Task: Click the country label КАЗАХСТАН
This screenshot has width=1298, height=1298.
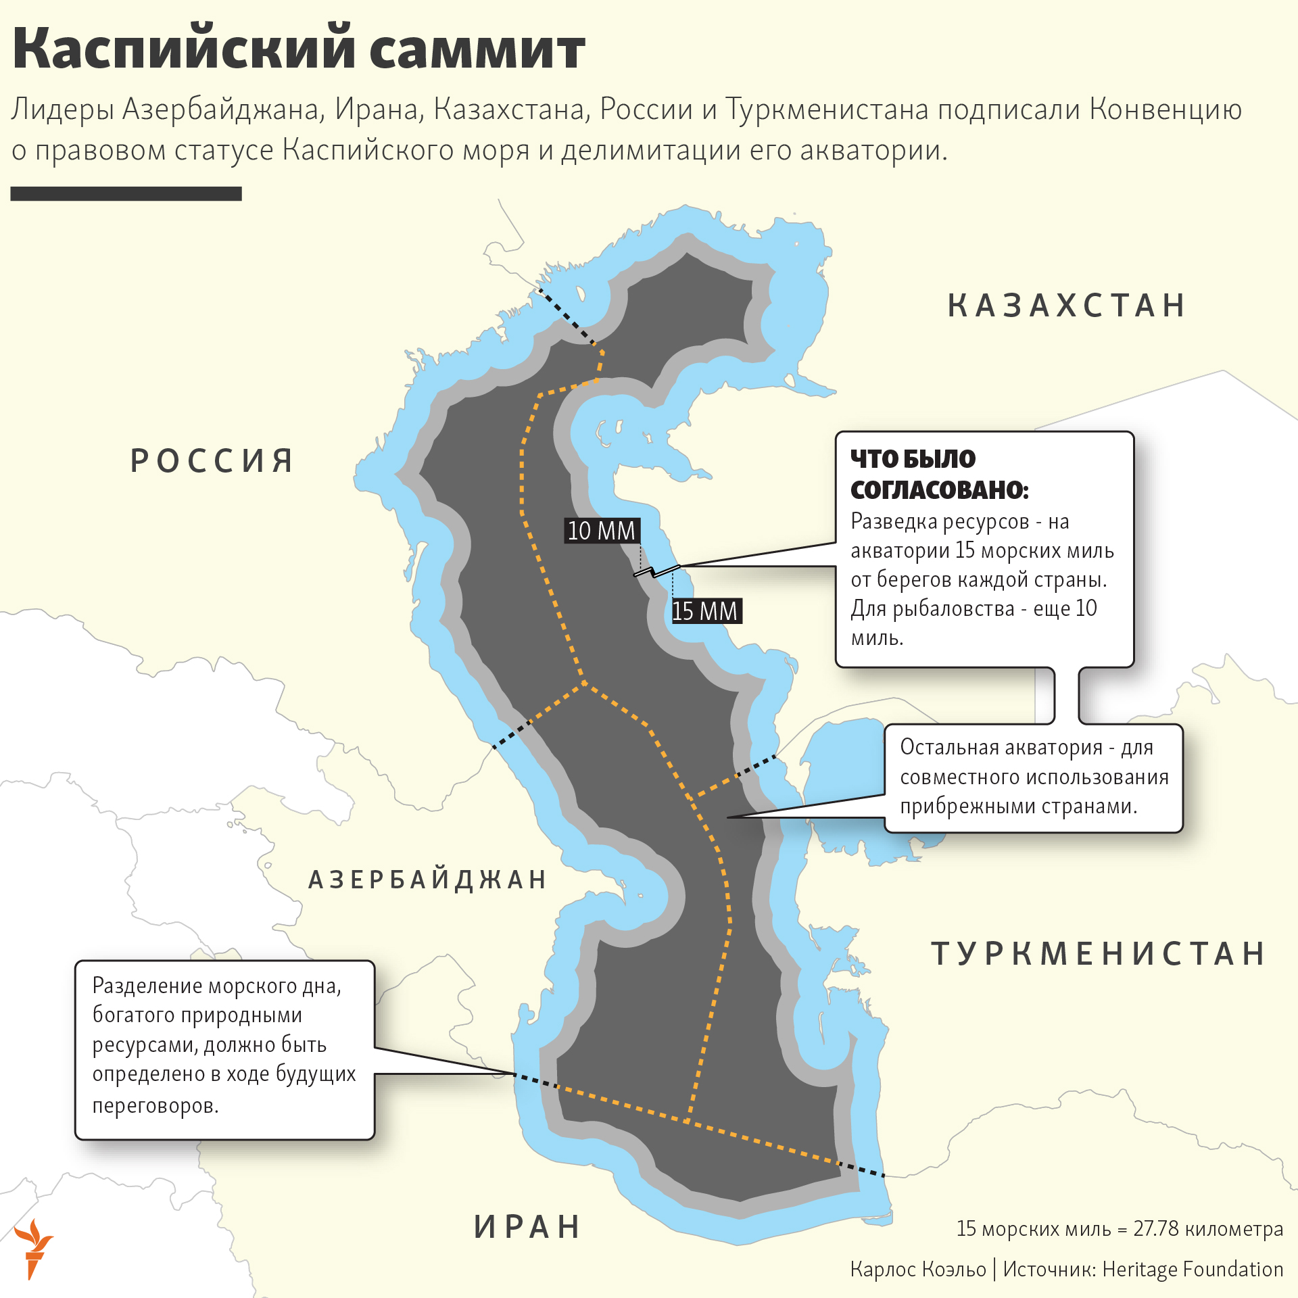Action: [1066, 306]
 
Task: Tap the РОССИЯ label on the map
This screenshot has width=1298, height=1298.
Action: [212, 461]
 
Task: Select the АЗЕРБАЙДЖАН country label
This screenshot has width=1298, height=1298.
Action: [427, 880]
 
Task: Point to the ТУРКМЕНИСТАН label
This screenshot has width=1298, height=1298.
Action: [1098, 954]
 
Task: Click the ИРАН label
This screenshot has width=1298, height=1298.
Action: [527, 1227]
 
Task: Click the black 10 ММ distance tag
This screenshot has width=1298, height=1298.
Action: [601, 531]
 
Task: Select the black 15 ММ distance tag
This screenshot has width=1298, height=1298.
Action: [705, 611]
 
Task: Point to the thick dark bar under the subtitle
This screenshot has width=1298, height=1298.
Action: [126, 194]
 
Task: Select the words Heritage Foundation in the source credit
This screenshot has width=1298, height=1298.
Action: [1193, 1269]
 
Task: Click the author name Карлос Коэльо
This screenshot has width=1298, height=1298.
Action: [918, 1269]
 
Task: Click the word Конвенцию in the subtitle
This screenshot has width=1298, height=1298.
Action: [1166, 110]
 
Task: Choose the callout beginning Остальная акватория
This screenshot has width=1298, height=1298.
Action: [1033, 777]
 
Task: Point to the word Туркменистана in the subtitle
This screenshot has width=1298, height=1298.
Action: [827, 110]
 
